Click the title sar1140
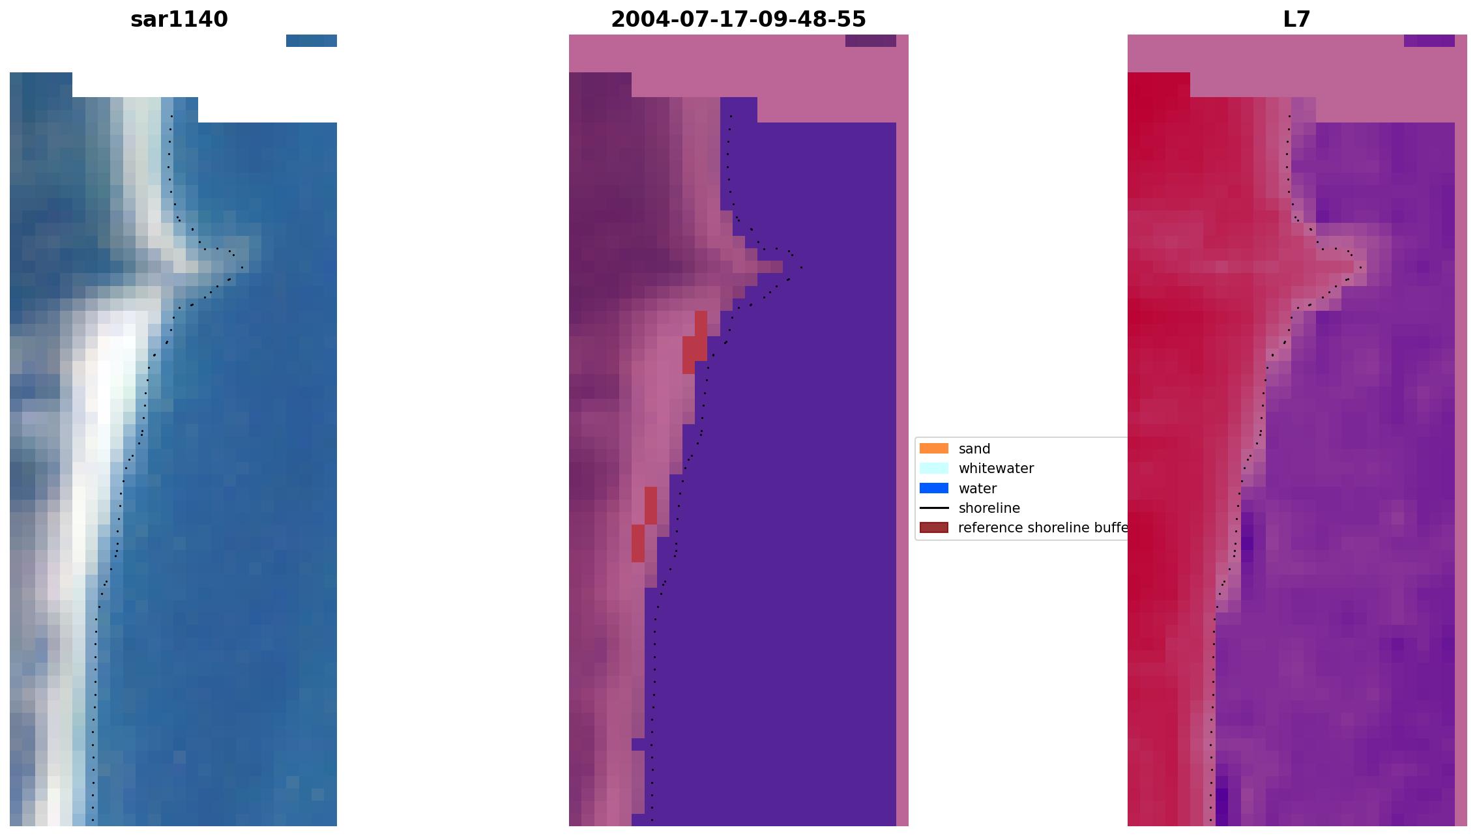coord(179,20)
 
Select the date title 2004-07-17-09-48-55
coord(738,20)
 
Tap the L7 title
coord(1296,20)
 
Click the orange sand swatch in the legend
coord(933,448)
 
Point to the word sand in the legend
coord(974,449)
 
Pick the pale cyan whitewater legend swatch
coord(933,468)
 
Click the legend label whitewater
coord(995,468)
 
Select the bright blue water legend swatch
coord(933,488)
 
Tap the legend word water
coord(977,489)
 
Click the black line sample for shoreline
coord(933,508)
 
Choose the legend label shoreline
coord(989,508)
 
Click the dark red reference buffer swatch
coord(933,527)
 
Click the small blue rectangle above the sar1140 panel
coord(311,40)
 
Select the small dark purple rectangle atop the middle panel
coord(870,40)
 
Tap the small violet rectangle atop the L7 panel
coord(1429,40)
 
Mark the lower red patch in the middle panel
coord(644,525)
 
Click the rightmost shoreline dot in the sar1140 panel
coord(242,267)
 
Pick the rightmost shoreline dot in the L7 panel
coord(1360,267)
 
